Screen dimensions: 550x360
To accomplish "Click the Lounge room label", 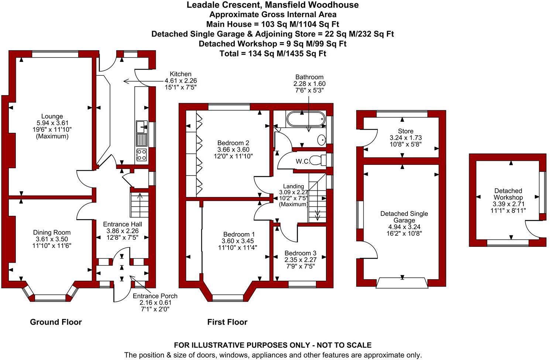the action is pyautogui.click(x=52, y=117).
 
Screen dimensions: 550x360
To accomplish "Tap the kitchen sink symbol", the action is pyautogui.click(x=141, y=127).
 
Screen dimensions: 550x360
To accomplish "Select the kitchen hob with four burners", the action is pyautogui.click(x=141, y=155).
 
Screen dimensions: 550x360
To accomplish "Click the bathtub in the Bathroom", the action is pyautogui.click(x=305, y=119).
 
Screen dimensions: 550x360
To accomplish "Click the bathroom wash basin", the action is pyautogui.click(x=322, y=139).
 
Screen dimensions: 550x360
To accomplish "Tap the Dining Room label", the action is pyautogui.click(x=52, y=232).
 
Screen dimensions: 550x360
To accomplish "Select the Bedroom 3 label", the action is pyautogui.click(x=300, y=253).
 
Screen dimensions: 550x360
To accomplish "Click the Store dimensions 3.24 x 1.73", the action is pyautogui.click(x=406, y=138).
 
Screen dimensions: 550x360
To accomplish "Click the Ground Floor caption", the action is pyautogui.click(x=56, y=322).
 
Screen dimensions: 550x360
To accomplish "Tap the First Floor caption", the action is pyautogui.click(x=227, y=322).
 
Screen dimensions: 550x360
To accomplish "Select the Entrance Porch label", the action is pyautogui.click(x=155, y=296).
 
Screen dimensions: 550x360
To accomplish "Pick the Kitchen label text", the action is pyautogui.click(x=181, y=74).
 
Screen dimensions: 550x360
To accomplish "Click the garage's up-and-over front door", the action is pyautogui.click(x=402, y=283).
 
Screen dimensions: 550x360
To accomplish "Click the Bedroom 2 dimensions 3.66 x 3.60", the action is pyautogui.click(x=233, y=150).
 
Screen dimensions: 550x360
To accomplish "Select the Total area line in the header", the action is pyautogui.click(x=273, y=53).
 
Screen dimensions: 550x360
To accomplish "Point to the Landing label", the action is pyautogui.click(x=293, y=186).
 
